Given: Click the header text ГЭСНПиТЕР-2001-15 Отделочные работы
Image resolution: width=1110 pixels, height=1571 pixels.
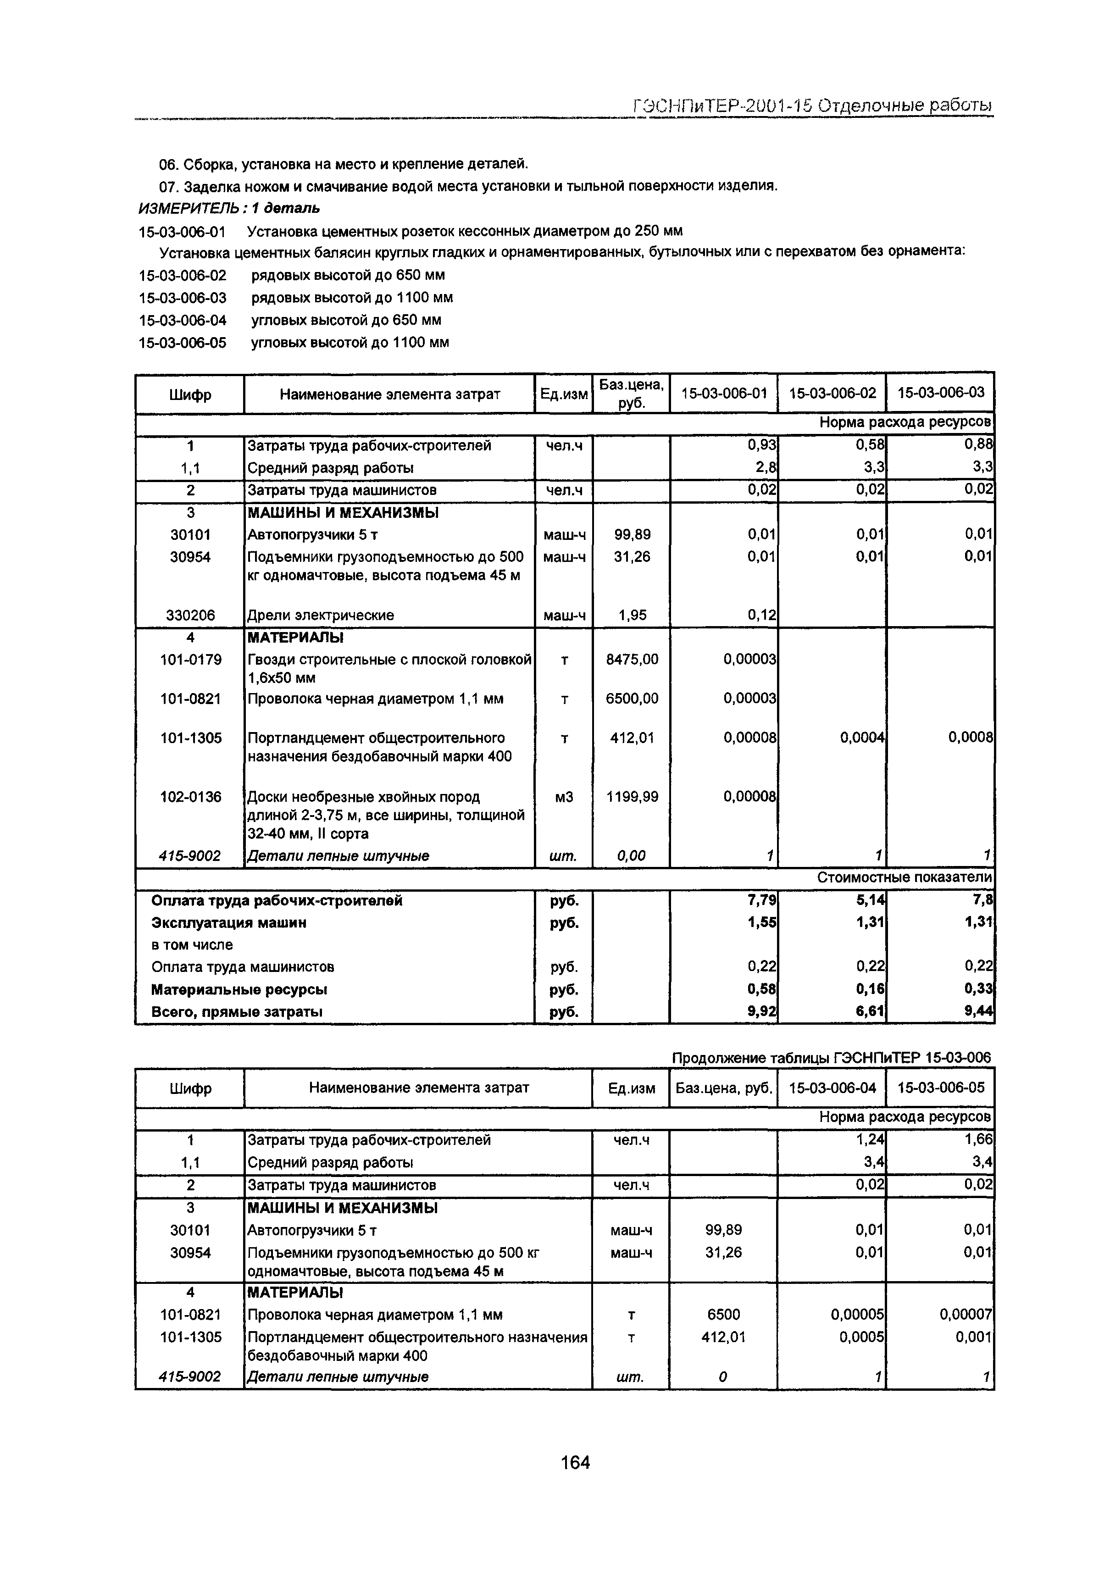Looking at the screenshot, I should pyautogui.click(x=812, y=105).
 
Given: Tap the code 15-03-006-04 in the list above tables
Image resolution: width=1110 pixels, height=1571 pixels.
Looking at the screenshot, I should pyautogui.click(x=183, y=320).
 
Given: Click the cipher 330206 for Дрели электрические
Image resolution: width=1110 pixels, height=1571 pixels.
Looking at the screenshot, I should pyautogui.click(x=190, y=615).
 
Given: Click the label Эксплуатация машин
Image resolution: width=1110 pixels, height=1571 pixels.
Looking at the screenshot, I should pyautogui.click(x=228, y=922).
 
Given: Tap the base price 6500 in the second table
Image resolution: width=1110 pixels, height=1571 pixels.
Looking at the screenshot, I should pyautogui.click(x=723, y=1315).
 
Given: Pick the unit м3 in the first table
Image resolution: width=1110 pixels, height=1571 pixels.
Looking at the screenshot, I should pyautogui.click(x=563, y=797).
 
